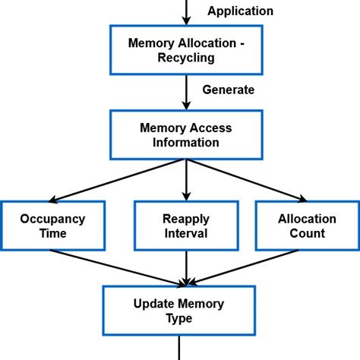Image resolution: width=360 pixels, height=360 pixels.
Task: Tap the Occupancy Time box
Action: pyautogui.click(x=53, y=226)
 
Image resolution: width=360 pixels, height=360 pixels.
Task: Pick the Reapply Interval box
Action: pyautogui.click(x=186, y=226)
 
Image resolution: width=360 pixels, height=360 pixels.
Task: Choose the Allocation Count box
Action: pyautogui.click(x=307, y=226)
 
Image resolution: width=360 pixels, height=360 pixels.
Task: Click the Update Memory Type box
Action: pyautogui.click(x=179, y=311)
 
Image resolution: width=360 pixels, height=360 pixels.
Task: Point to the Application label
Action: pyautogui.click(x=240, y=11)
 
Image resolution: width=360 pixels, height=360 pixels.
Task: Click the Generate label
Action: pyautogui.click(x=228, y=90)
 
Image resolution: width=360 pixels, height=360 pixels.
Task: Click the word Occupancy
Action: pyautogui.click(x=53, y=218)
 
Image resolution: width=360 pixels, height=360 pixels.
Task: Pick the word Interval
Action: pyautogui.click(x=186, y=234)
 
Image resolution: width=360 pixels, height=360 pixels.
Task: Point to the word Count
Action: pyautogui.click(x=307, y=234)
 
